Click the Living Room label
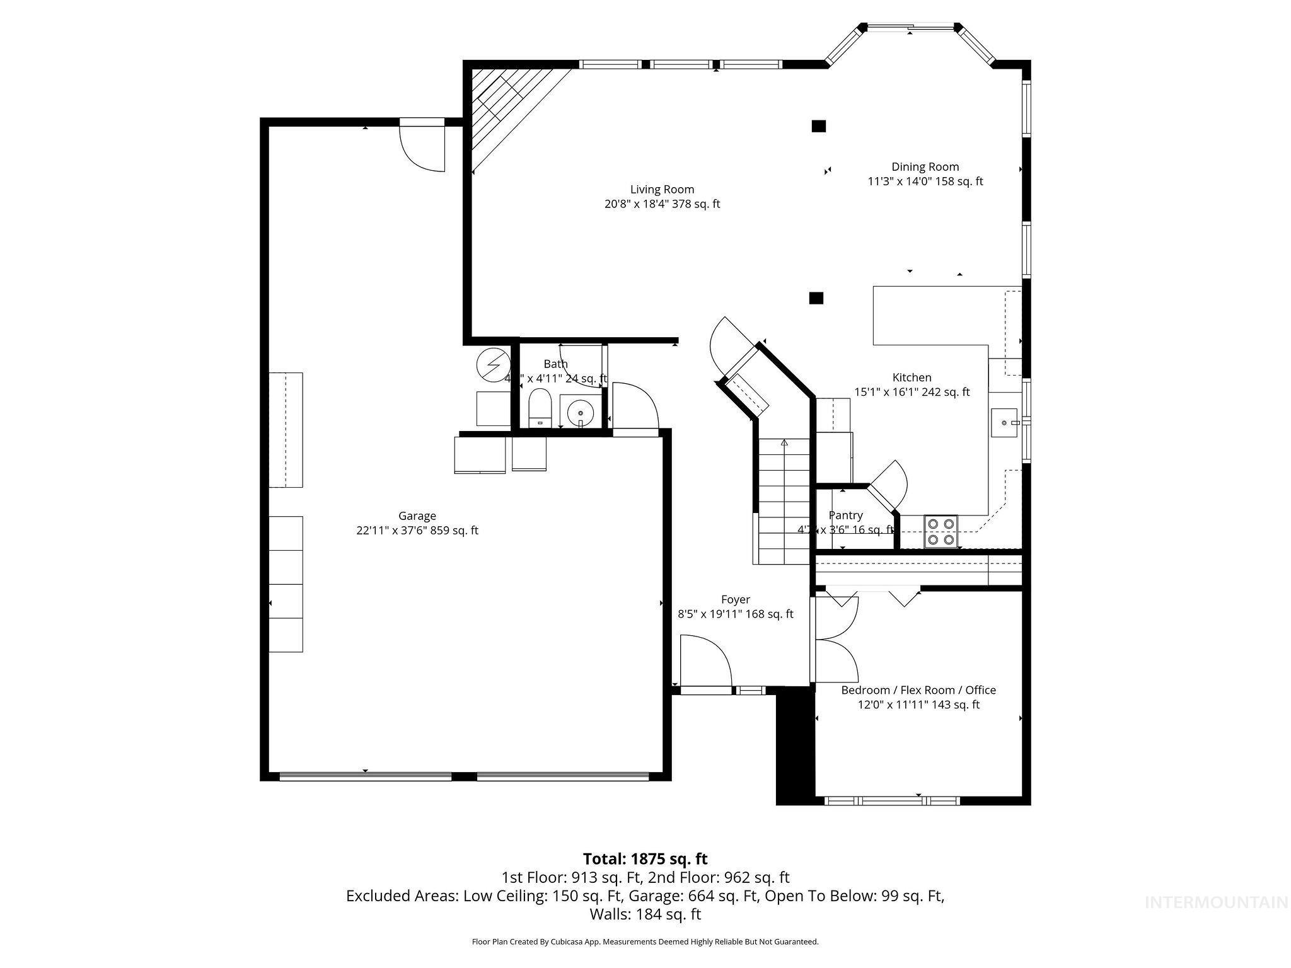tap(662, 189)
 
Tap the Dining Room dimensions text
tap(925, 181)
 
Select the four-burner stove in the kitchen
tap(941, 531)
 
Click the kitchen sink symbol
tap(1004, 423)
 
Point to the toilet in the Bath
tap(540, 408)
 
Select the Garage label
tap(417, 516)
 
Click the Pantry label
tap(845, 516)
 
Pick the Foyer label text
tap(735, 599)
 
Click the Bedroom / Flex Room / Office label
tap(918, 690)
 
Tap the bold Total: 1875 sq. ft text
tap(645, 859)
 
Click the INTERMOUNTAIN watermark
tap(1216, 902)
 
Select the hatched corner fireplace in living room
tap(504, 107)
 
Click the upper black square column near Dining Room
tap(818, 126)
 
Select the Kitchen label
tap(912, 377)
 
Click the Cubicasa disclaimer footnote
tap(645, 942)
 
